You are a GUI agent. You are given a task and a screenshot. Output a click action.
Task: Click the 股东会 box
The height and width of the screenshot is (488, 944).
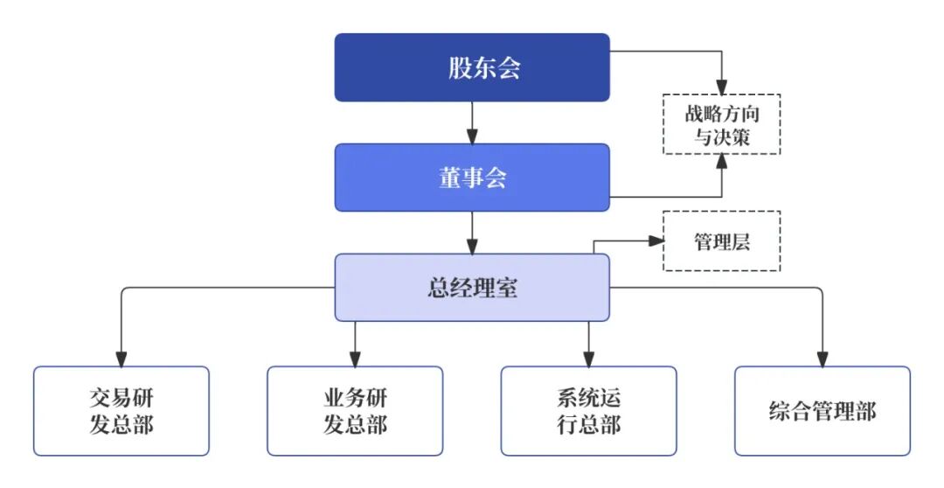pyautogui.click(x=472, y=67)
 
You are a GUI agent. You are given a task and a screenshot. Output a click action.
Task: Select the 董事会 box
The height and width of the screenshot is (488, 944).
pyautogui.click(x=472, y=178)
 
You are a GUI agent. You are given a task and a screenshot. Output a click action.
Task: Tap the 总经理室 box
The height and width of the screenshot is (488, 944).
pyautogui.click(x=472, y=288)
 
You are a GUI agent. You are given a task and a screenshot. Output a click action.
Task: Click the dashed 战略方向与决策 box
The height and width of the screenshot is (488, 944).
pyautogui.click(x=721, y=124)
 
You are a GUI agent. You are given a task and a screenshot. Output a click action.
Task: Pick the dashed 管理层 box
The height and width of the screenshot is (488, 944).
pyautogui.click(x=721, y=241)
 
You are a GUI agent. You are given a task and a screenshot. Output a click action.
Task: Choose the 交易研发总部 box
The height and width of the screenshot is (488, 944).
pyautogui.click(x=121, y=411)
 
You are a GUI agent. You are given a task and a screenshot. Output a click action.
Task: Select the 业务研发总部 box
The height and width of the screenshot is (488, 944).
pyautogui.click(x=355, y=411)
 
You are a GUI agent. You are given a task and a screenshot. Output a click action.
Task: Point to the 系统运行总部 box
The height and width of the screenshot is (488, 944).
pyautogui.click(x=588, y=411)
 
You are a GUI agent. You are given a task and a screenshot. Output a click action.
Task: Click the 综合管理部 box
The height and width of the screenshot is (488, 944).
pyautogui.click(x=822, y=411)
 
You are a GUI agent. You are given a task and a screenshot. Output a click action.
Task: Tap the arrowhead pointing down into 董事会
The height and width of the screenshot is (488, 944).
pyautogui.click(x=472, y=136)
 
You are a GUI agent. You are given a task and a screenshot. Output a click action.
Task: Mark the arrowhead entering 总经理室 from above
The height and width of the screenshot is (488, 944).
pyautogui.click(x=472, y=247)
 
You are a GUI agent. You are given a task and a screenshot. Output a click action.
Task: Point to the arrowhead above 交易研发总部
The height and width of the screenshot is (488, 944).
pyautogui.click(x=121, y=359)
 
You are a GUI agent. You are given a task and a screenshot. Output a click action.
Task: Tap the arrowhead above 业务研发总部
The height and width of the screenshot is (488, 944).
pyautogui.click(x=355, y=359)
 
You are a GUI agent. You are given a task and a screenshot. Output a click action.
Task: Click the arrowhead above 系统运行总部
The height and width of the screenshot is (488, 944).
pyautogui.click(x=588, y=359)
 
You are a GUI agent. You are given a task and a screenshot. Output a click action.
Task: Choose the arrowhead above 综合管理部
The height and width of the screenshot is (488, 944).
pyautogui.click(x=822, y=359)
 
